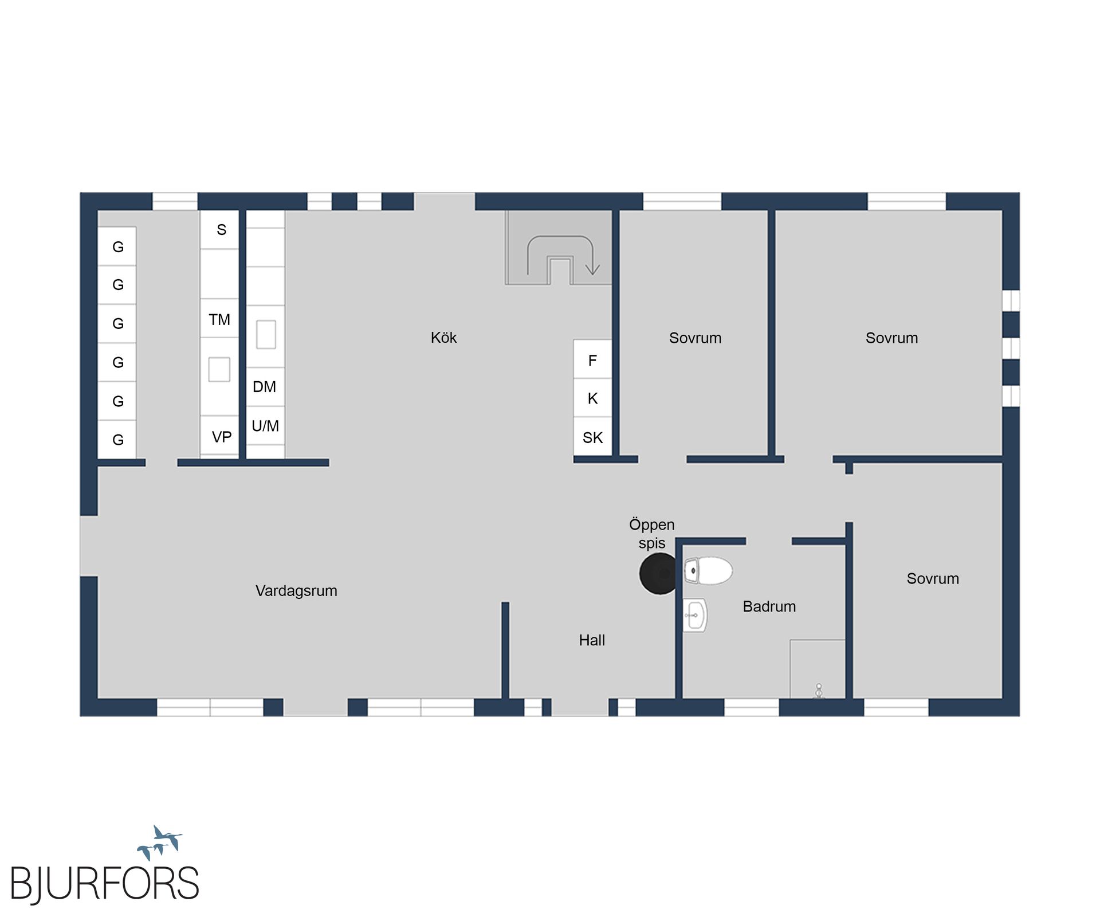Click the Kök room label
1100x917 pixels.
(x=443, y=338)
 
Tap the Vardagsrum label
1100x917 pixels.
(x=296, y=591)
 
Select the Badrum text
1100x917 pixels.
(x=769, y=606)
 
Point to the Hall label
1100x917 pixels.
(x=592, y=640)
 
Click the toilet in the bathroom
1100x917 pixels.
(x=708, y=571)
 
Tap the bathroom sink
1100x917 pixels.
(x=695, y=615)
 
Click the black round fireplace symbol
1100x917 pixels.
(x=659, y=573)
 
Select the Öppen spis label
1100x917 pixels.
(x=652, y=534)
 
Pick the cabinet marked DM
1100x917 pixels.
(x=265, y=387)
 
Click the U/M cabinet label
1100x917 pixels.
(x=265, y=426)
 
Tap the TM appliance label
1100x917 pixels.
(x=219, y=320)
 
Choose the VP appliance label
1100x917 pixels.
(x=222, y=437)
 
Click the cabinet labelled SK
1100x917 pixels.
(x=592, y=437)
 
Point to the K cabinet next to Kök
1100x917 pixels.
(x=592, y=398)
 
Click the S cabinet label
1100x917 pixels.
(x=222, y=230)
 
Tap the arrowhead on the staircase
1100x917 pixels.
(x=592, y=269)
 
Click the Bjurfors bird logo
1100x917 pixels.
(x=160, y=842)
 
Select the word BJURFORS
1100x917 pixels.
(x=105, y=883)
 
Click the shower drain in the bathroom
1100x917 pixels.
(x=819, y=691)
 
